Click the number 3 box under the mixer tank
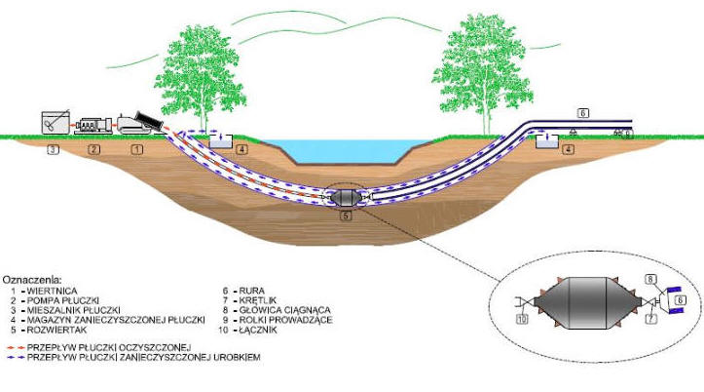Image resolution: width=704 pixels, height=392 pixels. click(x=53, y=149)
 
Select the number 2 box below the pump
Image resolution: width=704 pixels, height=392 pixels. click(x=93, y=149)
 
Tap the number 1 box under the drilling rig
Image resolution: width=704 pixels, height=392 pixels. click(x=137, y=149)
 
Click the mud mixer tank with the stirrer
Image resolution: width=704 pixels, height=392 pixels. click(x=56, y=122)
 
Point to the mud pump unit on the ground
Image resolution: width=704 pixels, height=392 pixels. click(x=93, y=126)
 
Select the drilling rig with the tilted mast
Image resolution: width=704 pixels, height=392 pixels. click(x=140, y=123)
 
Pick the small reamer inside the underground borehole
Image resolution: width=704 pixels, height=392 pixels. click(x=346, y=197)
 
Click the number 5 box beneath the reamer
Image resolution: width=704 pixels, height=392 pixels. click(x=346, y=216)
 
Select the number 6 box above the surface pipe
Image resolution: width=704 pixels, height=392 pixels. click(x=583, y=113)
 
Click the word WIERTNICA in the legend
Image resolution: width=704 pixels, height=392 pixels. click(x=52, y=291)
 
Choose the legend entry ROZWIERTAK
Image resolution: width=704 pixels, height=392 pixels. click(x=57, y=330)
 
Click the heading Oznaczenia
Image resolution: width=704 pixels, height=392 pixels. click(x=32, y=280)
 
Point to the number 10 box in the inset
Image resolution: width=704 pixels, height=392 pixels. click(x=522, y=319)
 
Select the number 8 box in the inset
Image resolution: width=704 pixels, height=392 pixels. click(x=651, y=279)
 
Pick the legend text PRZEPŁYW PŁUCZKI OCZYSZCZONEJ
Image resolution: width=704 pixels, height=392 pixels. click(x=109, y=347)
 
